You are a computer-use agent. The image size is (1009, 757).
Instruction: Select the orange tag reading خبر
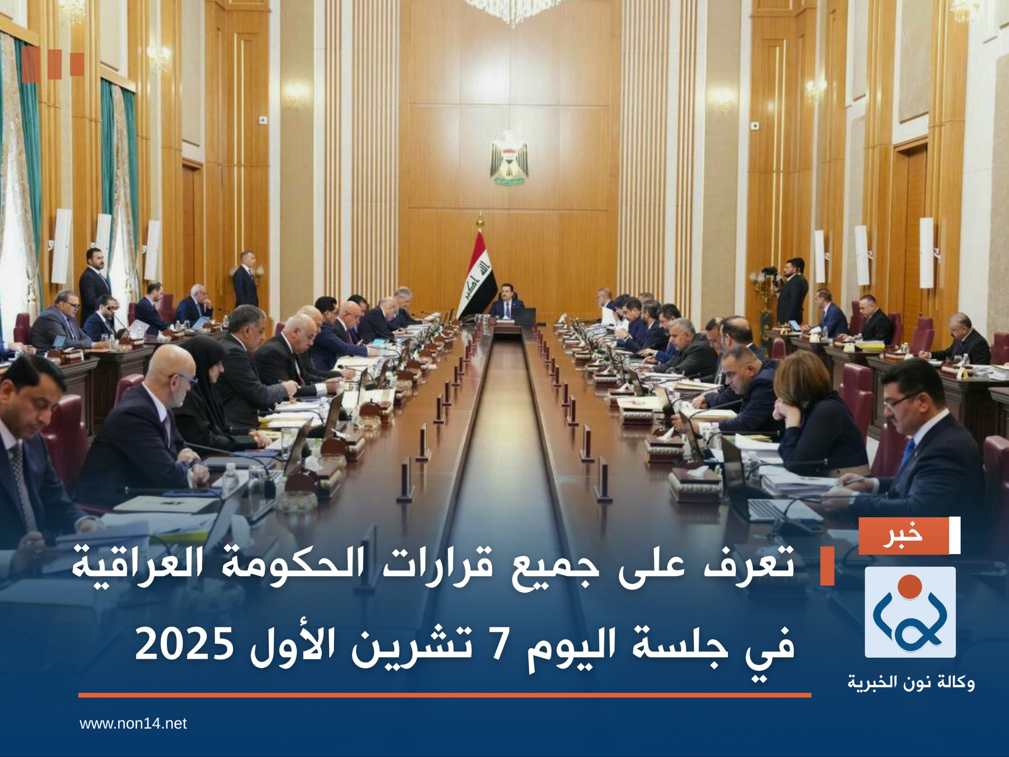(903, 536)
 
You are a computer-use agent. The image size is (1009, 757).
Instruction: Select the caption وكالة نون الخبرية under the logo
(911, 683)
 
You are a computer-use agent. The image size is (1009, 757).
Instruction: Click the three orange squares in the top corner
(52, 65)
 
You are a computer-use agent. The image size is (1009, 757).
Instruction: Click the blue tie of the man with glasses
(907, 452)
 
